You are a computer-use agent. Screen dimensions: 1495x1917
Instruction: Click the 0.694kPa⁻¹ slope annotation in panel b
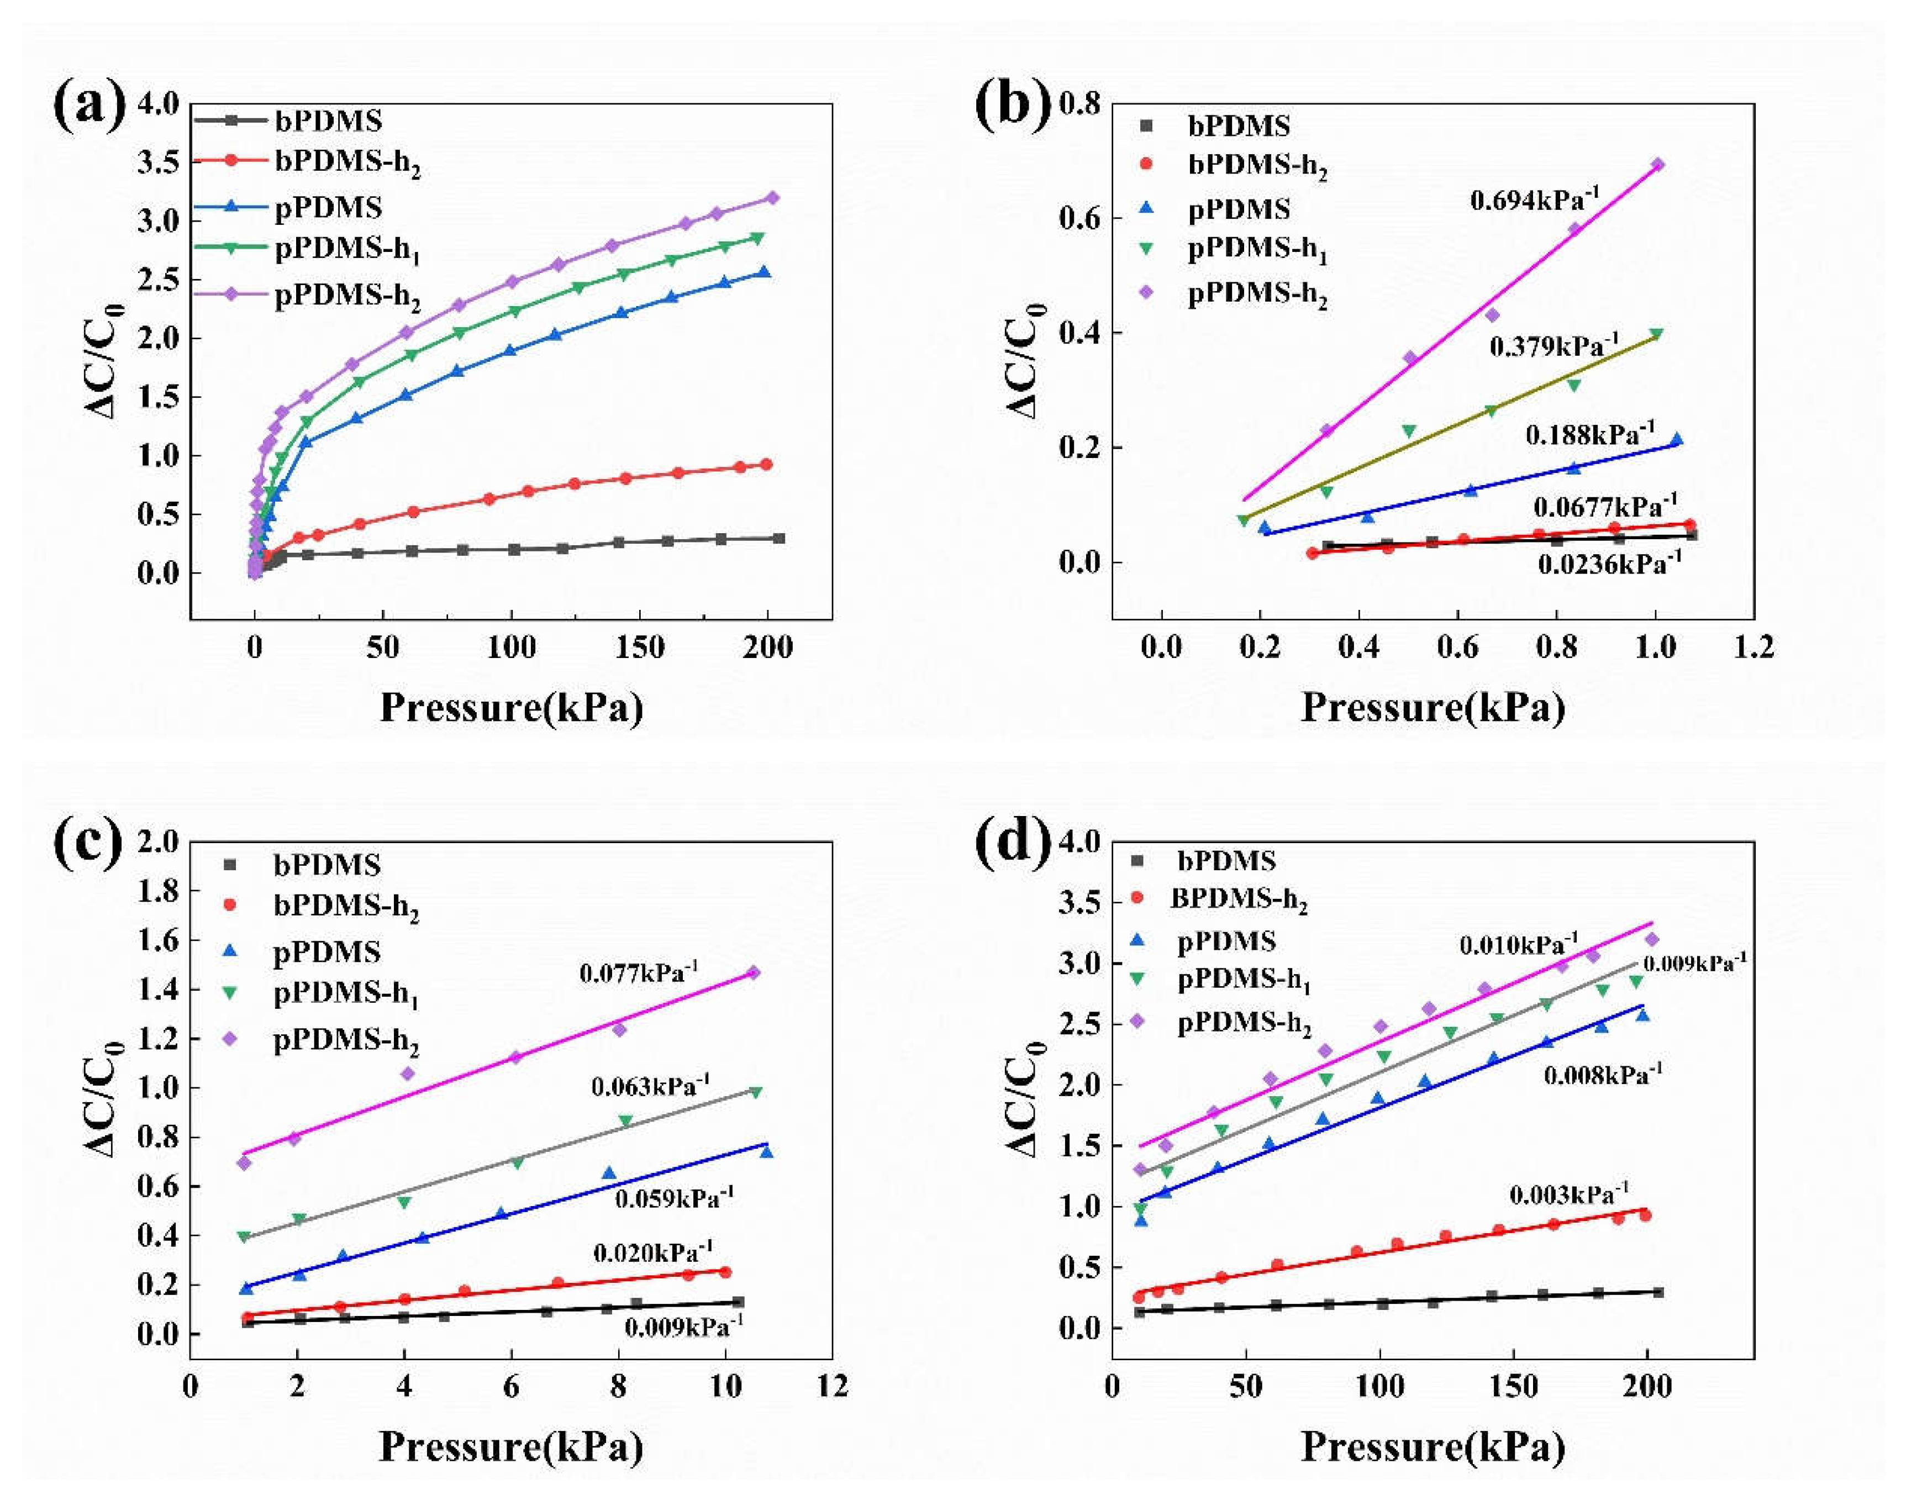(1534, 200)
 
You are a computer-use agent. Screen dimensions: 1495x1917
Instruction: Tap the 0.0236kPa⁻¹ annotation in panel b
(1609, 564)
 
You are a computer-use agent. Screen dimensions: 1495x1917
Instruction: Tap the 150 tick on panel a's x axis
(639, 648)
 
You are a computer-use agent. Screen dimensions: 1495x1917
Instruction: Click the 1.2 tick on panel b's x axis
(1753, 648)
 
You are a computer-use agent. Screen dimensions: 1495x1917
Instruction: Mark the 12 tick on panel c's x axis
(832, 1386)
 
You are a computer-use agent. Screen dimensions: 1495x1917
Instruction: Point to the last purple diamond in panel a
(772, 198)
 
